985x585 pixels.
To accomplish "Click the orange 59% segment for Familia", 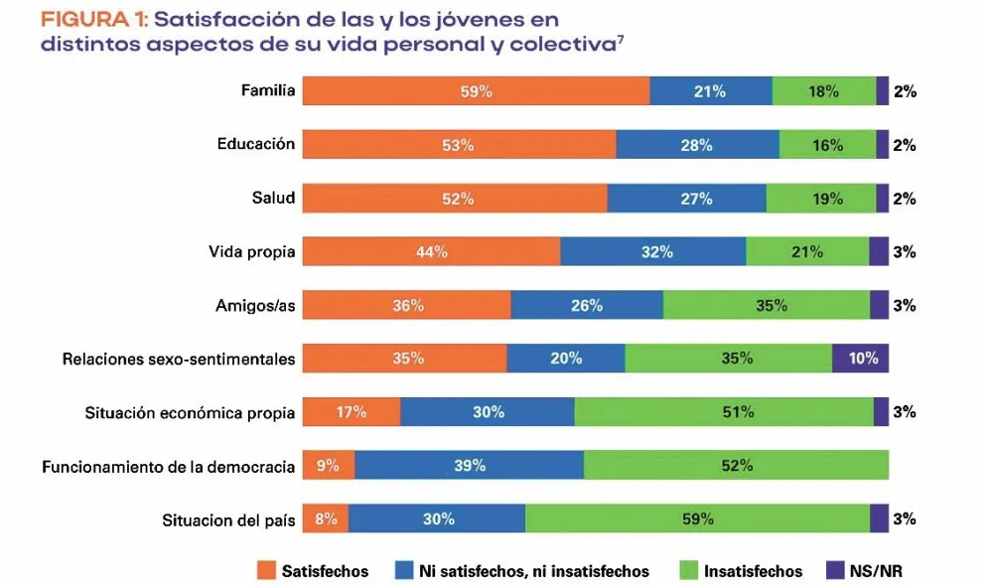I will point(476,91).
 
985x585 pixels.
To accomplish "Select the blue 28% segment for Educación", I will point(697,145).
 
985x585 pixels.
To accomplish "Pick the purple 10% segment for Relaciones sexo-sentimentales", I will point(860,359).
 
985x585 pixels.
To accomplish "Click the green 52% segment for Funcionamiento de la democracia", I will point(736,465).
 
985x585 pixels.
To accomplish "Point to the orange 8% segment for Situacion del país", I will point(325,518).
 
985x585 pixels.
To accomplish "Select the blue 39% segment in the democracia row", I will point(469,465).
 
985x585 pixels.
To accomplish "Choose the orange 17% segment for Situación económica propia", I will point(351,412).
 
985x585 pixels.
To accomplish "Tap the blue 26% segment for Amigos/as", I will point(586,306).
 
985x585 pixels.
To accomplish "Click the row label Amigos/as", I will point(255,306).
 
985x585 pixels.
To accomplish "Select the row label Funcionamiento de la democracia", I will point(168,466).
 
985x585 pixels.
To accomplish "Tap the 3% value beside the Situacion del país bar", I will point(904,518).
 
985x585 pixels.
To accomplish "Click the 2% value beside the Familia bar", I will point(904,91).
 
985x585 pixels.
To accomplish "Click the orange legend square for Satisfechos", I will point(265,571).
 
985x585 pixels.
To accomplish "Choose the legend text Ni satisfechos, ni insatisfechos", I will point(533,571).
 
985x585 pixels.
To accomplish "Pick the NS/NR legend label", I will point(877,571).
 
